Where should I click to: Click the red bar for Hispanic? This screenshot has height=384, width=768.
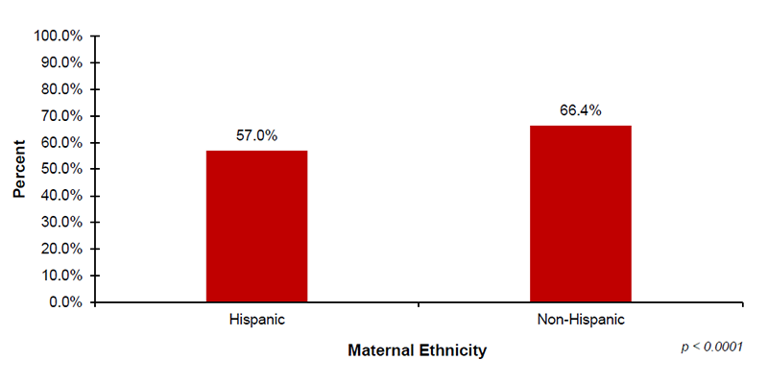click(256, 227)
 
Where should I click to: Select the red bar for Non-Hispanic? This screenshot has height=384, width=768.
click(580, 214)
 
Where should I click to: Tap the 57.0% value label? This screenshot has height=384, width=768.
click(256, 136)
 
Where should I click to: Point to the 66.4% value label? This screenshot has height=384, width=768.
click(580, 110)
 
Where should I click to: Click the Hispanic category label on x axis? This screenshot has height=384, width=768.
click(256, 319)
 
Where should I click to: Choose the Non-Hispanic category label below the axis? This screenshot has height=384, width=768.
click(580, 319)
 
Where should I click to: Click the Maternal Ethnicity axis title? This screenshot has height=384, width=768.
click(417, 350)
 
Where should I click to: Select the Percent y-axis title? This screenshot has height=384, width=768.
click(19, 169)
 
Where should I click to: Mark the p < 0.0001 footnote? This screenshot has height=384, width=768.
click(711, 346)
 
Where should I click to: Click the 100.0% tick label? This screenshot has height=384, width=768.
click(60, 36)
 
